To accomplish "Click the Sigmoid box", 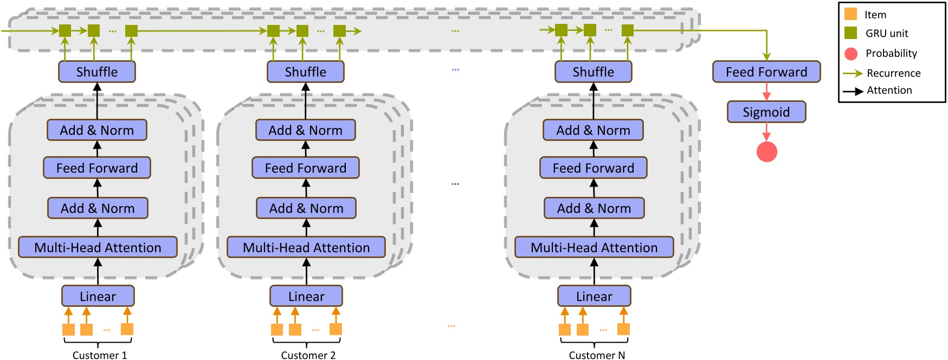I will click(766, 112).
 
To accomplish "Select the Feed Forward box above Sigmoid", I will click(766, 72).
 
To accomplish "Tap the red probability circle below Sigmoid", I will click(766, 152).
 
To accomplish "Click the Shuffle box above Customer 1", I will click(96, 72).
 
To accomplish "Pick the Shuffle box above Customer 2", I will click(305, 72).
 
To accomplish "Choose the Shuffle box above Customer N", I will click(593, 72).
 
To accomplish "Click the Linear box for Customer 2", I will click(306, 297).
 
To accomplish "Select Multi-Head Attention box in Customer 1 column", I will click(98, 248).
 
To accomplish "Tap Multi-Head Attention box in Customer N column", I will click(594, 248).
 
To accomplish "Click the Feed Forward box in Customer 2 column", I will click(305, 168).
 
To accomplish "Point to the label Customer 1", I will click(100, 355).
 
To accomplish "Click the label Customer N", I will click(596, 355).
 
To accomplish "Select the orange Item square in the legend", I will click(850, 14).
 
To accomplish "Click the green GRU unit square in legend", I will click(850, 33).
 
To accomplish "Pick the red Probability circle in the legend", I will click(850, 53).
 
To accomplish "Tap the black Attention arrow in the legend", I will click(853, 91).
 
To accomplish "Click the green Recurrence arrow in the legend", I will click(853, 73).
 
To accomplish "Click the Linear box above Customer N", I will click(594, 297).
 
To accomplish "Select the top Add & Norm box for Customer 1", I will click(96, 131).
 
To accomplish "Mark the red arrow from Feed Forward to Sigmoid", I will click(766, 91).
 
